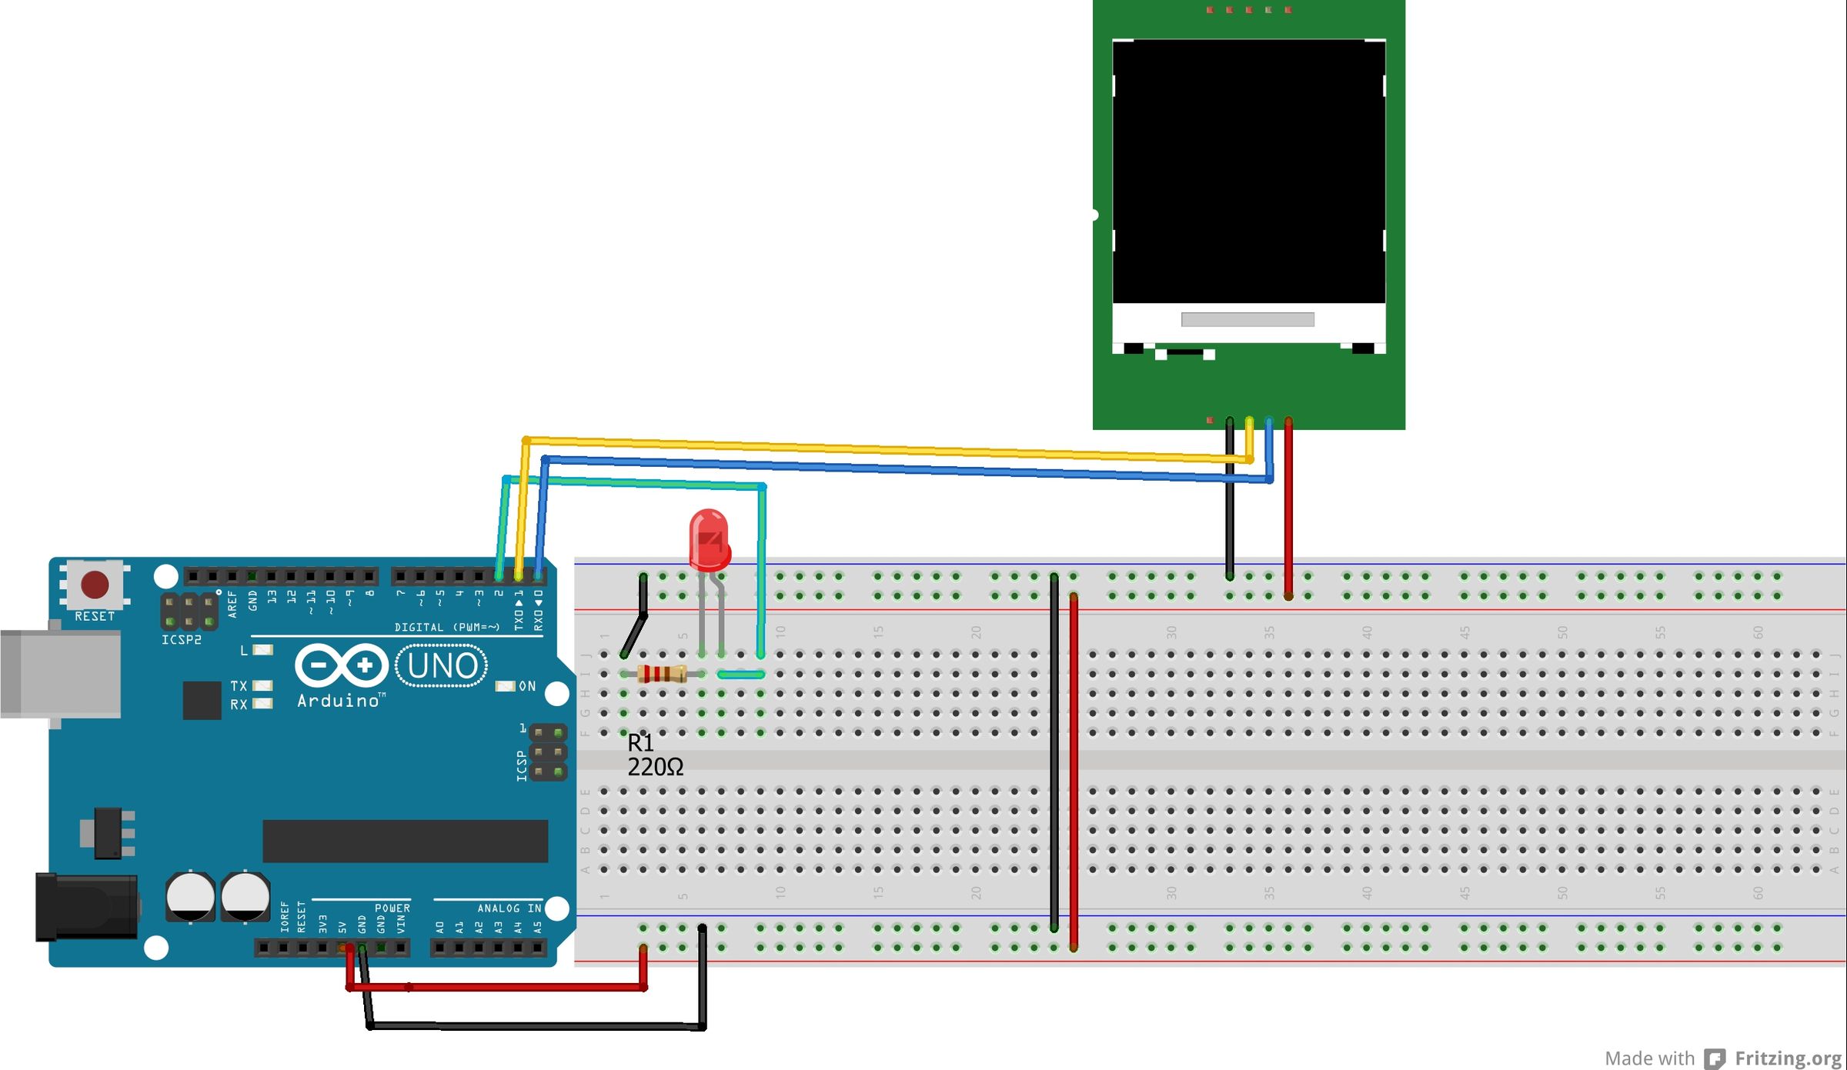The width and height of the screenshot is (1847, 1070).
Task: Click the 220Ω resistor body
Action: tap(662, 675)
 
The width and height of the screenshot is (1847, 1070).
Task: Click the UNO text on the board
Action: tap(442, 666)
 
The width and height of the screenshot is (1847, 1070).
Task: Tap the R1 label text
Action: tap(640, 742)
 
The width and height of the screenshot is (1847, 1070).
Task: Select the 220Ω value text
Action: tap(655, 768)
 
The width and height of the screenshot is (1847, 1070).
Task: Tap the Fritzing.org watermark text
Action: tap(1787, 1058)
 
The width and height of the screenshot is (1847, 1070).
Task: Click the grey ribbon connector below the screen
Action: tap(1247, 319)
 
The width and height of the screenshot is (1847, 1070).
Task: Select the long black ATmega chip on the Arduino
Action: tap(405, 841)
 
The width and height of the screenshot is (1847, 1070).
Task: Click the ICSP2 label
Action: tap(182, 640)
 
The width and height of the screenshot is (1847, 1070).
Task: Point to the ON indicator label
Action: tap(527, 686)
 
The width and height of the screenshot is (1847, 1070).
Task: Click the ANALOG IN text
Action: tap(509, 908)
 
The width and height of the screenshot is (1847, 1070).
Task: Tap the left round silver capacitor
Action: tap(190, 895)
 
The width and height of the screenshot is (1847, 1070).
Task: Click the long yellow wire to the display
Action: tap(885, 449)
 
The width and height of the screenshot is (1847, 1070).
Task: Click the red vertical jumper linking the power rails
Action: tap(1074, 769)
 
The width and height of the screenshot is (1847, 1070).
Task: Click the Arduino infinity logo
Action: tap(342, 665)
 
